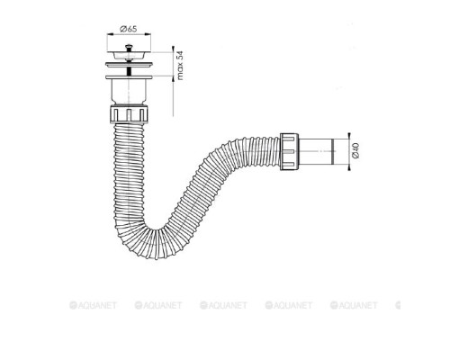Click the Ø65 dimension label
pyautogui.click(x=129, y=29)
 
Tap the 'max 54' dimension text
pyautogui.click(x=180, y=66)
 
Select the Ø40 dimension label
pyautogui.click(x=355, y=151)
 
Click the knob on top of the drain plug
pyautogui.click(x=129, y=47)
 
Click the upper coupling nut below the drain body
pyautogui.click(x=129, y=113)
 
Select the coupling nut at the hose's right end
pyautogui.click(x=289, y=151)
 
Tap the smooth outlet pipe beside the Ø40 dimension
pyautogui.click(x=317, y=151)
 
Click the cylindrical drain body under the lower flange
pyautogui.click(x=129, y=91)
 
